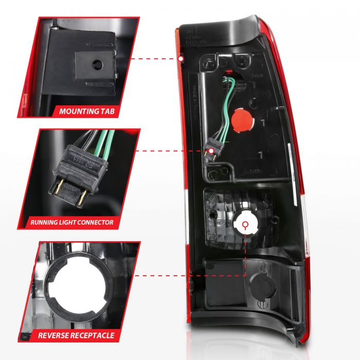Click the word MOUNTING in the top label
coord(78,111)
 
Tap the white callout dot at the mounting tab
coord(182,60)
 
